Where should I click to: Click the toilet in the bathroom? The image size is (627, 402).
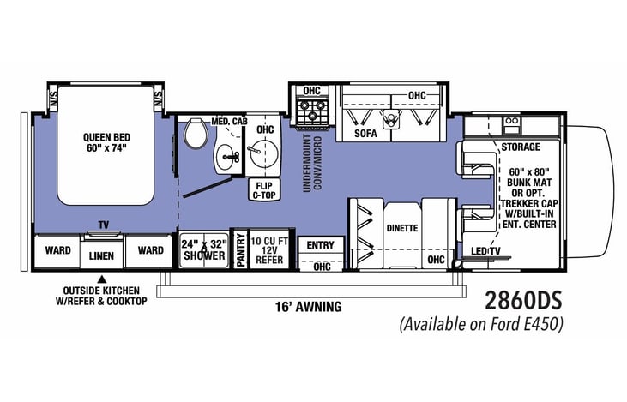[x=196, y=133]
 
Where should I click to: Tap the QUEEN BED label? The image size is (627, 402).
[x=106, y=137]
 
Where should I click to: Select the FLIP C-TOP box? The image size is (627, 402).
[x=264, y=190]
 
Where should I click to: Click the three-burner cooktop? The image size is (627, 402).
[x=312, y=111]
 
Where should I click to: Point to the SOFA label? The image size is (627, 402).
[x=365, y=133]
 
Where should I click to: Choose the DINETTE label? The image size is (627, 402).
[x=402, y=228]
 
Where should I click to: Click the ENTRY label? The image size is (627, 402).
[x=320, y=245]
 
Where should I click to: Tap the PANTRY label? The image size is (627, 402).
[x=241, y=250]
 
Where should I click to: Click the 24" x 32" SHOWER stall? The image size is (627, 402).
[x=204, y=249]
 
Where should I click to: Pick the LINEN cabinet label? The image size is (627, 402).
[x=101, y=255]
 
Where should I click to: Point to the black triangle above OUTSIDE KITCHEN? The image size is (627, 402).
[x=102, y=279]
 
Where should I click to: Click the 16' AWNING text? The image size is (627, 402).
[x=308, y=307]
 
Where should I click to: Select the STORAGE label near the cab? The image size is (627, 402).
[x=521, y=147]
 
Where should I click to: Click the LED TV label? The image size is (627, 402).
[x=485, y=251]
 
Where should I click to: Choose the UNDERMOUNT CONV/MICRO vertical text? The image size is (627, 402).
[x=312, y=164]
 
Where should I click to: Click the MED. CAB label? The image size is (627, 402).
[x=230, y=121]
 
